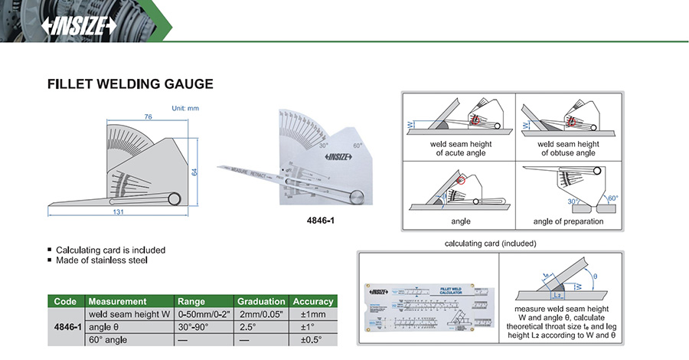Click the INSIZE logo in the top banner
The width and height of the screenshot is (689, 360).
pyautogui.click(x=79, y=26)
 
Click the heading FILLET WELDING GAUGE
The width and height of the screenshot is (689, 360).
pyautogui.click(x=130, y=83)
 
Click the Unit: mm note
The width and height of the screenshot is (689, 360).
pyautogui.click(x=184, y=108)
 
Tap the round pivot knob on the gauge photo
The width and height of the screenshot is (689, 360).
pyautogui.click(x=357, y=197)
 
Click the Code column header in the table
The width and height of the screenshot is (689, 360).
pyautogui.click(x=66, y=301)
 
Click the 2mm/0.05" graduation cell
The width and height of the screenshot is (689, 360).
pyautogui.click(x=261, y=313)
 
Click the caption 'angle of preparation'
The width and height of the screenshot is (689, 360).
pyautogui.click(x=569, y=222)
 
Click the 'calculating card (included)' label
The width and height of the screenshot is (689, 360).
pyautogui.click(x=490, y=243)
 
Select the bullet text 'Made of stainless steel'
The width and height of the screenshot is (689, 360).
pyautogui.click(x=102, y=260)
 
